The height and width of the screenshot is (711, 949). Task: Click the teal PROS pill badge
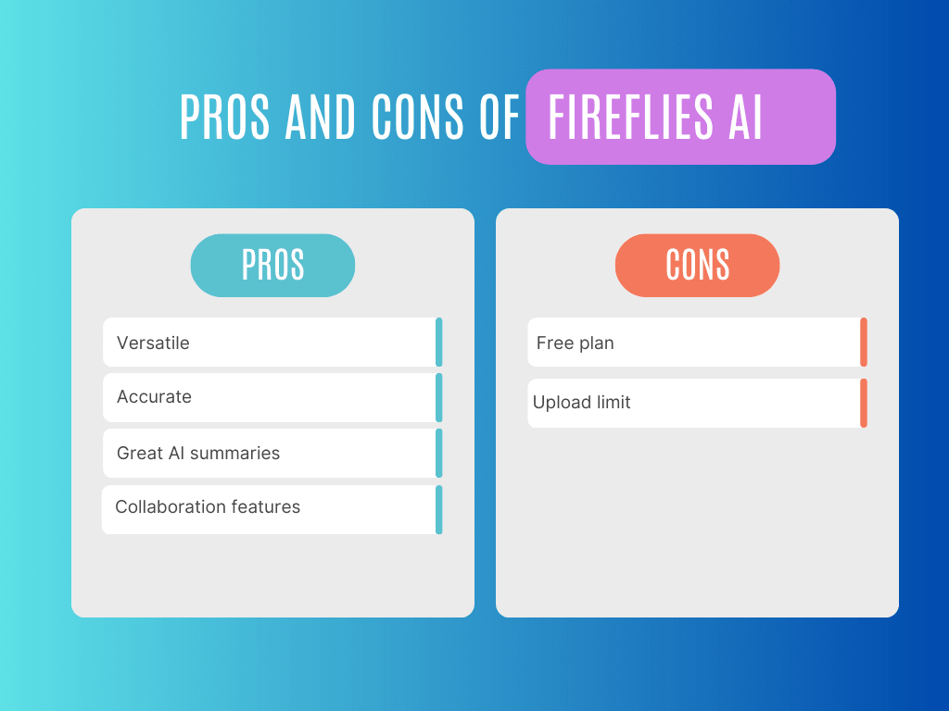pos(272,266)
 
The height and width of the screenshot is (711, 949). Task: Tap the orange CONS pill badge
pos(697,266)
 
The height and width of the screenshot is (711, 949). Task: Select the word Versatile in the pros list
pos(153,343)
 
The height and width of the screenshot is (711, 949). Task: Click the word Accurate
pos(154,396)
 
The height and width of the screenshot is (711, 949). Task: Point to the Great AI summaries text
pos(198,453)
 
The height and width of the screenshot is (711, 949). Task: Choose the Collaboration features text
pos(208,506)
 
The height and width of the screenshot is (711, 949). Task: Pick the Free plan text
pos(575,343)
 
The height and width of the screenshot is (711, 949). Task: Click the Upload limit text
pos(581,403)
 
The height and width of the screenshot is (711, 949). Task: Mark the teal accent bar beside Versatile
pos(439,342)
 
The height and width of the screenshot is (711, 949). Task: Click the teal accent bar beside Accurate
pos(439,397)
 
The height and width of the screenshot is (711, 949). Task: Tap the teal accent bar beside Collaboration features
pos(439,509)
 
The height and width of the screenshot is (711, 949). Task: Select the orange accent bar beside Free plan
pos(864,342)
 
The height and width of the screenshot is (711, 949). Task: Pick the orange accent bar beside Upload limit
pos(864,403)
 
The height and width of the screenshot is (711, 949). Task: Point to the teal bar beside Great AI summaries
pos(439,453)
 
